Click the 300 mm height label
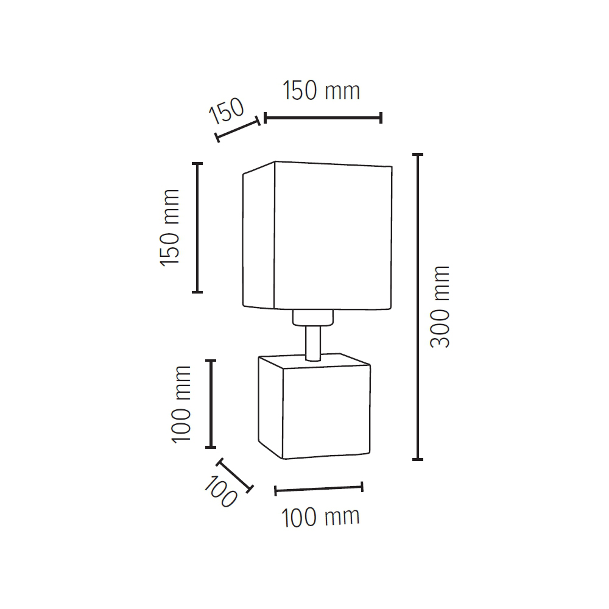pyautogui.click(x=440, y=307)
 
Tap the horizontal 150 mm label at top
pyautogui.click(x=321, y=91)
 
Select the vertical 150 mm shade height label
pyautogui.click(x=170, y=228)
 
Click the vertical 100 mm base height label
pyautogui.click(x=181, y=404)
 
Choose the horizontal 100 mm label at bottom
pyautogui.click(x=320, y=517)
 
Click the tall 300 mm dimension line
pyautogui.click(x=418, y=307)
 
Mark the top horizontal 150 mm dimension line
pyautogui.click(x=323, y=118)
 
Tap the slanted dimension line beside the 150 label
pyautogui.click(x=238, y=129)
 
